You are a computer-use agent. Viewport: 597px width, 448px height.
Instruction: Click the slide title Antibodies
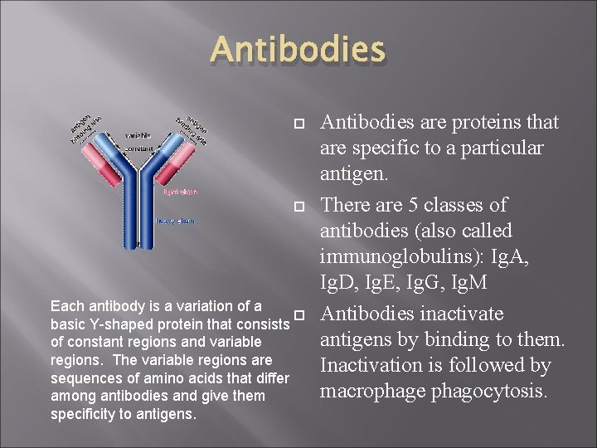click(298, 49)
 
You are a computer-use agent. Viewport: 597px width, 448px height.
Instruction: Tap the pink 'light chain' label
click(180, 191)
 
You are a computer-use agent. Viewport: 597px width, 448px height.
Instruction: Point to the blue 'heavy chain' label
click(176, 220)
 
